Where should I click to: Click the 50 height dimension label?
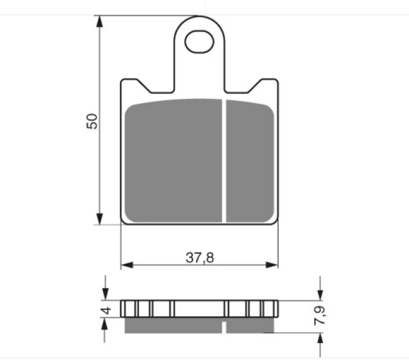pos(91,120)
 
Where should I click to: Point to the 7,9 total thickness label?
pos(322,316)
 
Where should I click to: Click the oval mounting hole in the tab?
pos(200,42)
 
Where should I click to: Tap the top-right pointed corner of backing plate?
pos(276,80)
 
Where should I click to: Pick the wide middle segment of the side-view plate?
pos(199,308)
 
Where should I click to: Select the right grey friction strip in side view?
pos(250,326)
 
